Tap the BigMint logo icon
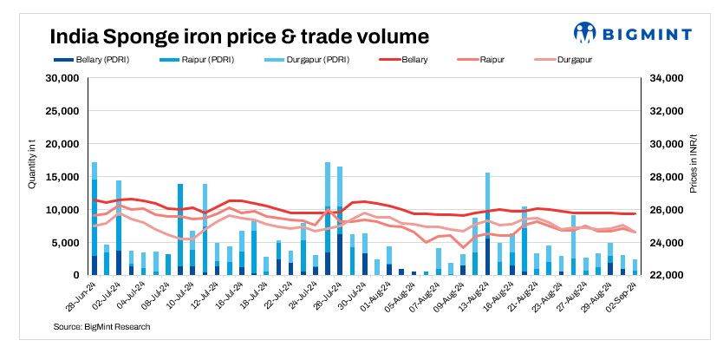(586, 34)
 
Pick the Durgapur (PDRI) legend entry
(292, 60)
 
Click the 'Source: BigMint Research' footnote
(102, 327)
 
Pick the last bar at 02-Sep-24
(635, 267)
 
